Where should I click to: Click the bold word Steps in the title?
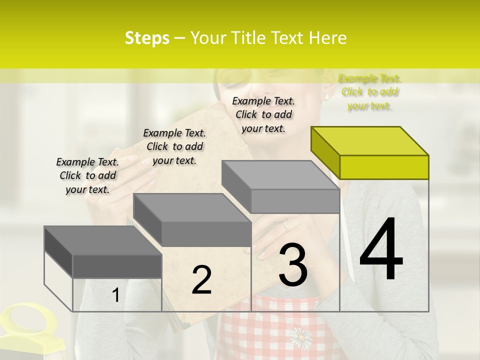point(147,38)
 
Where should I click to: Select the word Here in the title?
point(327,38)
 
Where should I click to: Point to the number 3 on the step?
point(293,265)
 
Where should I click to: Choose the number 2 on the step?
point(201,280)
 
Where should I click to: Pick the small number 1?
point(115,295)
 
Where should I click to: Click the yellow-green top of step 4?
point(370,141)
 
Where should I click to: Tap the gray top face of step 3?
point(280,175)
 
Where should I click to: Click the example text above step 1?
point(87,175)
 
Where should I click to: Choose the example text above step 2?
point(174,146)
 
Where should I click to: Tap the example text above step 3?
point(263,114)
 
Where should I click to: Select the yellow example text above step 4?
point(369,92)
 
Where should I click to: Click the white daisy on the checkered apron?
point(300,338)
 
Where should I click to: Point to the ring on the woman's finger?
point(286,224)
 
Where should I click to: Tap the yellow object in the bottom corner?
point(30,330)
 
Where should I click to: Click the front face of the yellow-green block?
point(384,167)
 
